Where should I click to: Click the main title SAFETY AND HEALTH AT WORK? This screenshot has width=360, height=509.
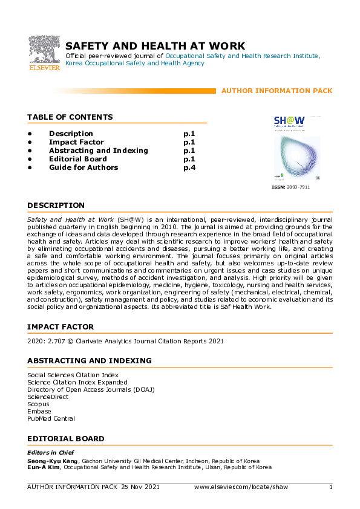click(x=155, y=46)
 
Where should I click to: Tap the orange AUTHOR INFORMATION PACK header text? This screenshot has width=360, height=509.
click(x=277, y=91)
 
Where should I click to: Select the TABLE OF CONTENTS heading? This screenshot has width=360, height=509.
click(x=70, y=117)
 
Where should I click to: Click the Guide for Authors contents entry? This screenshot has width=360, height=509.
click(x=83, y=167)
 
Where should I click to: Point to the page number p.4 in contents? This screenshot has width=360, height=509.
click(x=189, y=167)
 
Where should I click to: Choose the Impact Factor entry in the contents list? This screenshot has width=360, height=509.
click(x=76, y=142)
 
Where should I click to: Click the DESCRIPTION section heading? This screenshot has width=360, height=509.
click(x=56, y=206)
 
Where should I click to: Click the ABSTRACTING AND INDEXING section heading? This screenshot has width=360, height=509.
click(x=90, y=361)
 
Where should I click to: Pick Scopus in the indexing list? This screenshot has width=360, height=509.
click(x=39, y=404)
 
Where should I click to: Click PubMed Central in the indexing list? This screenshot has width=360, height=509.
click(x=51, y=418)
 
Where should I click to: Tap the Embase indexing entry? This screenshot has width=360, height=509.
click(x=40, y=411)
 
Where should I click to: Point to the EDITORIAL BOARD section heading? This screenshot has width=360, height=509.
click(x=65, y=438)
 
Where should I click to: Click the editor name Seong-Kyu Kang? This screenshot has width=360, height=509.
click(x=53, y=460)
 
